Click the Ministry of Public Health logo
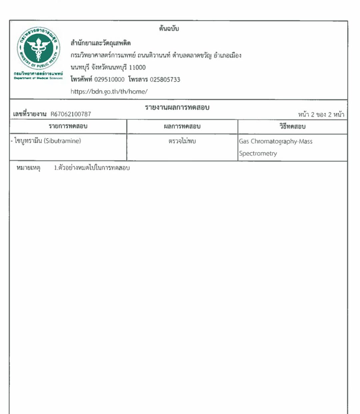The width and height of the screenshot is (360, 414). tap(39, 48)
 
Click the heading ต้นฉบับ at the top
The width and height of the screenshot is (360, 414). tap(169, 29)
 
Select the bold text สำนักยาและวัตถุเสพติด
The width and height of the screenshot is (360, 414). tap(101, 43)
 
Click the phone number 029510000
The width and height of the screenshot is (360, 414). tap(109, 79)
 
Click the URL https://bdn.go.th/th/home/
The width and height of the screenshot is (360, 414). tap(109, 91)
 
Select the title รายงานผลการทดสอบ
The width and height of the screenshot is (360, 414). tap(177, 107)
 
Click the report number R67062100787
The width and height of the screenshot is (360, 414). tap(71, 114)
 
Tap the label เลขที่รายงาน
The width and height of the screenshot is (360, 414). tap(30, 114)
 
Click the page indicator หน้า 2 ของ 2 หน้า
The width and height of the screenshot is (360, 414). tap(321, 114)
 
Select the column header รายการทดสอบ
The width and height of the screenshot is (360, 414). tap(68, 126)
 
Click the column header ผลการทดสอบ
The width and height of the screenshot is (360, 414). tap(182, 126)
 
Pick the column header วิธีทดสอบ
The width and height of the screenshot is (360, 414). tap(292, 126)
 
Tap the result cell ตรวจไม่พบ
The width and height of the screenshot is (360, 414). tap(182, 141)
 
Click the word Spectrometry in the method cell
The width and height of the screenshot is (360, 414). tap(258, 153)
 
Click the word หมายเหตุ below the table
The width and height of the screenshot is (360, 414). tap(28, 168)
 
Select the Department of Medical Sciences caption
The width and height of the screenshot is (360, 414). tap(38, 78)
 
